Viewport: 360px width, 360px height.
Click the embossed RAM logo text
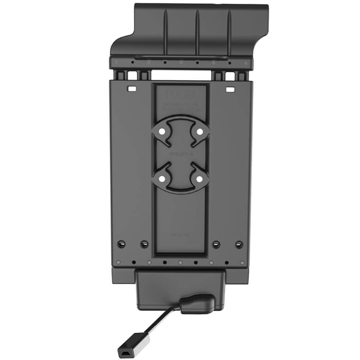(x=181, y=95)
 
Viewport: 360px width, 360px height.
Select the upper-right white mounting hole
(x=199, y=132)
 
